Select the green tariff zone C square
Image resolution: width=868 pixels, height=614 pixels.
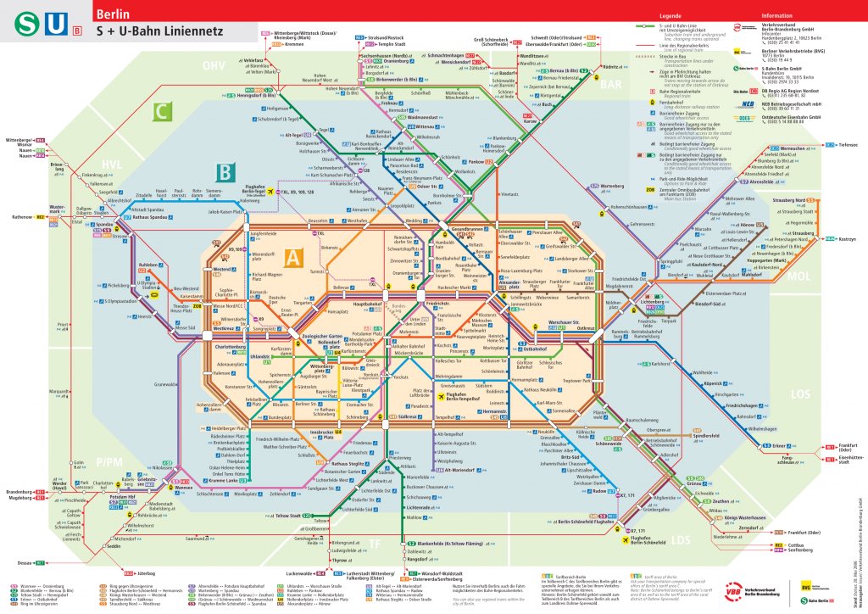(x=162, y=111)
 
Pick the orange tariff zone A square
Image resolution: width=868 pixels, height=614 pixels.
(x=293, y=257)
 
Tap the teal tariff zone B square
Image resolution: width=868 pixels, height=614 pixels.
(x=224, y=173)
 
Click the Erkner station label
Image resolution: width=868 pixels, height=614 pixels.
(x=754, y=445)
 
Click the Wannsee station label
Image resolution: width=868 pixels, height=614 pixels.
(x=182, y=488)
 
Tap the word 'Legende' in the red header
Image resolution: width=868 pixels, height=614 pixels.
(x=670, y=15)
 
